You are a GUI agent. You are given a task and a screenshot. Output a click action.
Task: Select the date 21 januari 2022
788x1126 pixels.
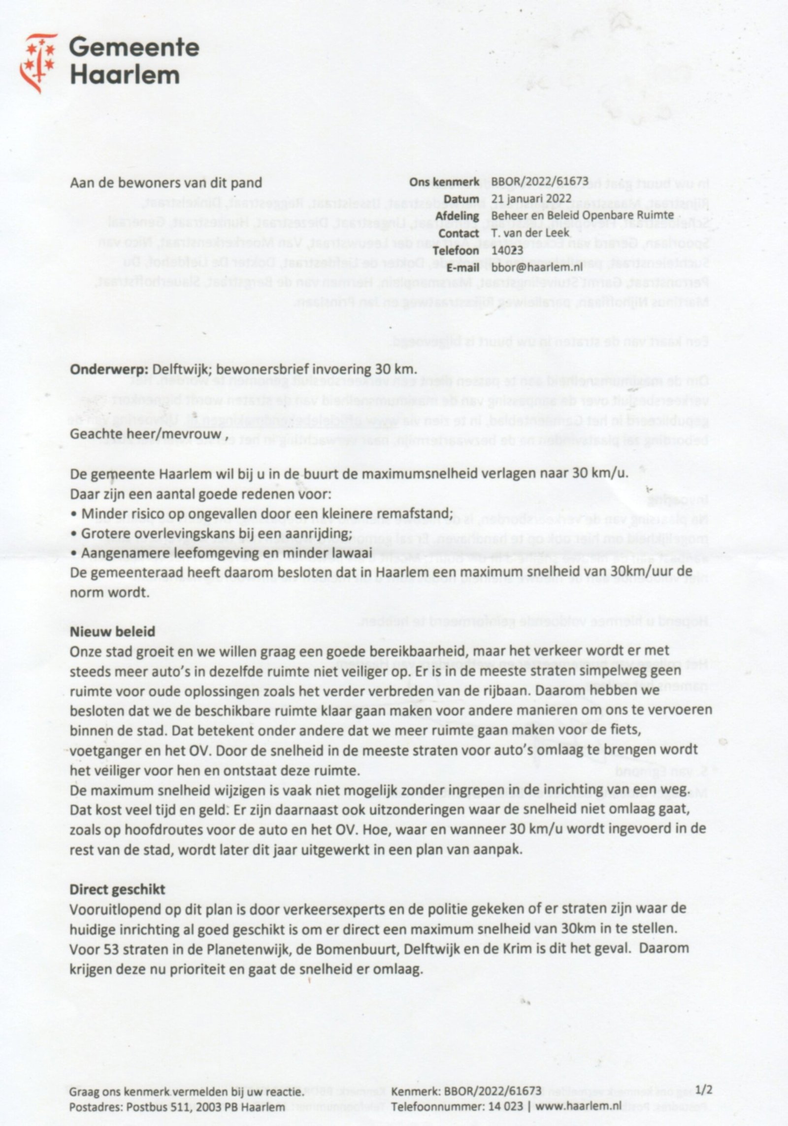coord(532,199)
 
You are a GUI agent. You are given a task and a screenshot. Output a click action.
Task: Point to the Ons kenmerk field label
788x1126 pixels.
coord(444,182)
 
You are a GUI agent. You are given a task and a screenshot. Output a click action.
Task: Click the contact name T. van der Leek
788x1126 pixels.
coord(530,232)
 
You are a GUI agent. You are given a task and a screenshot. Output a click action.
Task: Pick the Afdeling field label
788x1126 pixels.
coord(457,216)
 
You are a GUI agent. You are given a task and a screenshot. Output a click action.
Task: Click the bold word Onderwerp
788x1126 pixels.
coord(109,369)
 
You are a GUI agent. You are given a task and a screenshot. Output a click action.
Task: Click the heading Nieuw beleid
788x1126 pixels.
coord(112,631)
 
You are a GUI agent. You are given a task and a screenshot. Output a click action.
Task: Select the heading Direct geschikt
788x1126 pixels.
coord(117,889)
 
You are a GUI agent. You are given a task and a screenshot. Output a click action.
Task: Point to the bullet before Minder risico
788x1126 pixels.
coord(74,514)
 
